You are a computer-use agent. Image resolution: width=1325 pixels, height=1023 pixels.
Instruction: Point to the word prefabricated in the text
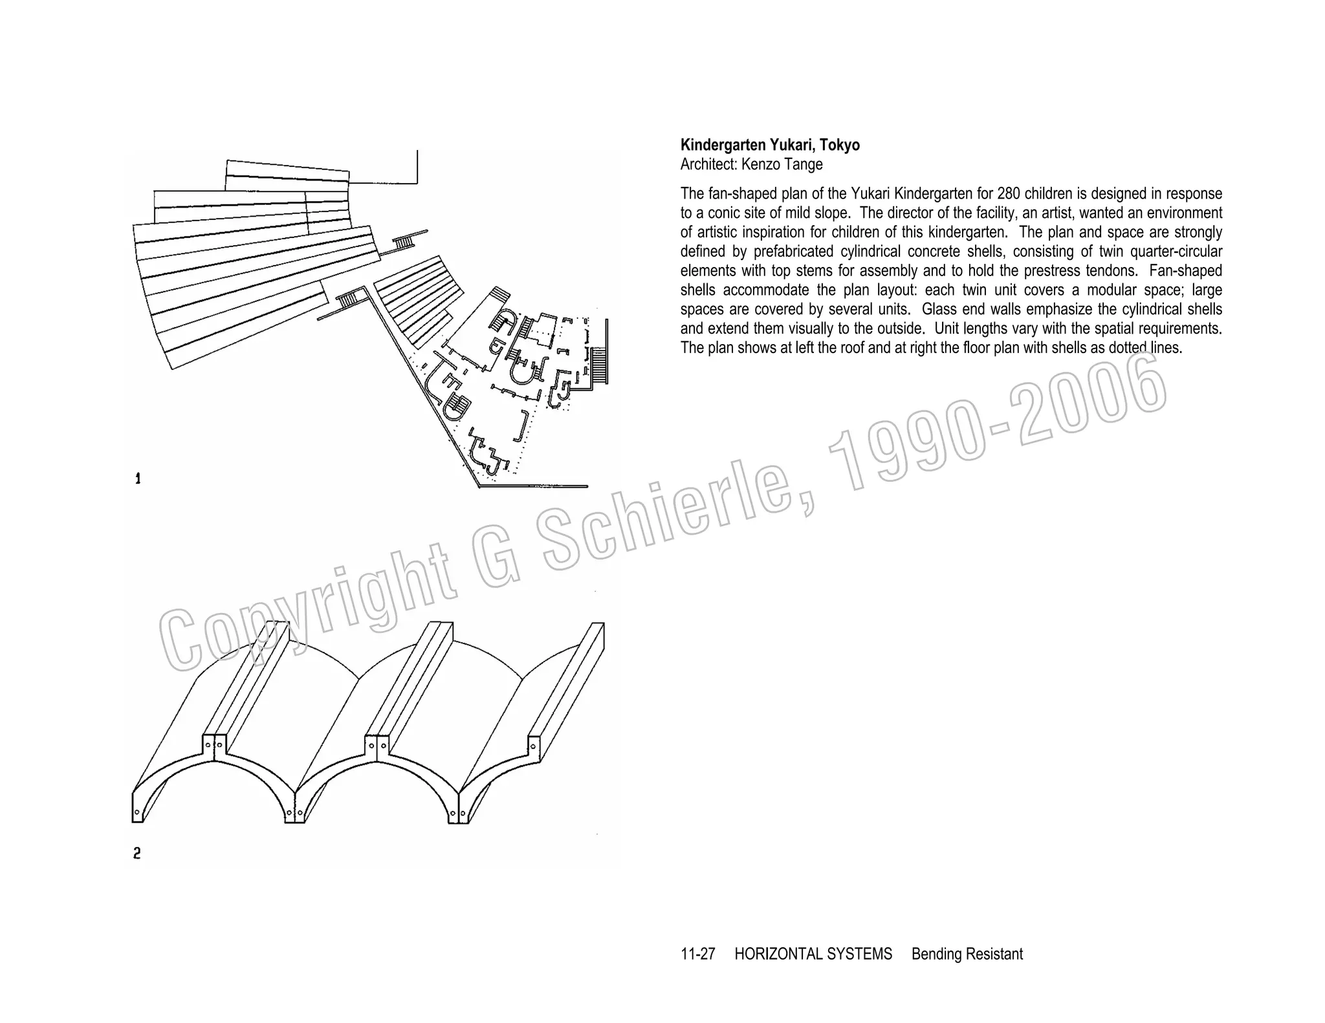(796, 252)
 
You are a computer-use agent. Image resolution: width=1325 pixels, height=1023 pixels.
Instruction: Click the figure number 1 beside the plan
(138, 479)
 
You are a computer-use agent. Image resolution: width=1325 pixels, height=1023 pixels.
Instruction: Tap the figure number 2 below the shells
(137, 854)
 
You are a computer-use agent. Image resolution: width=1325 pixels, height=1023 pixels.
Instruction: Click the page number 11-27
(697, 954)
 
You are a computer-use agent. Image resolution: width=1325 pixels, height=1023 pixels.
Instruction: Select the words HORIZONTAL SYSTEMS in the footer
(813, 954)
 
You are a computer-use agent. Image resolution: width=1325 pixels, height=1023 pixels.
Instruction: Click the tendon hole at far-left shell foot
(137, 813)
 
